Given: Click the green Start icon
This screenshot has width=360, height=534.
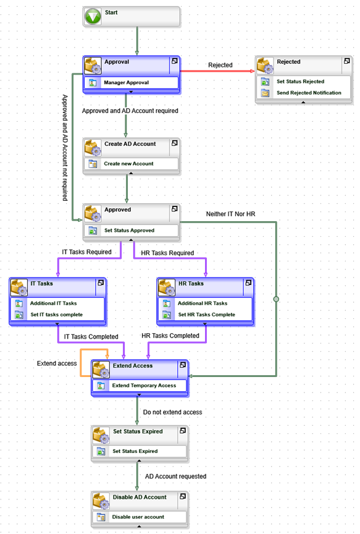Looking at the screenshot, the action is [x=93, y=16].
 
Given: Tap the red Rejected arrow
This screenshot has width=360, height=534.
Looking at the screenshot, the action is [x=217, y=71].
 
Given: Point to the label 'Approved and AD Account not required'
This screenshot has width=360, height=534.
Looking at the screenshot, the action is [x=65, y=148].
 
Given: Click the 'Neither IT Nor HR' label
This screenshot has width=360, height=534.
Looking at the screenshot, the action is [x=230, y=214].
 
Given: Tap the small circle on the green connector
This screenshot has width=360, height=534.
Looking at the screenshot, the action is [x=276, y=299].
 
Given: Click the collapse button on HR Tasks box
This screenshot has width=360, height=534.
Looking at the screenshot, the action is [x=248, y=282].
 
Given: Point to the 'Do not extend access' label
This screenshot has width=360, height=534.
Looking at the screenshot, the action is [x=172, y=412].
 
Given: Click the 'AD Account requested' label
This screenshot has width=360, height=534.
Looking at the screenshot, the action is [x=175, y=476].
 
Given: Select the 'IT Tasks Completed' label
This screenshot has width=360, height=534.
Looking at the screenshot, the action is [x=91, y=336].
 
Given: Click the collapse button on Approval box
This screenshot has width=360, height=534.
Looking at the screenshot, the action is [x=175, y=61].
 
